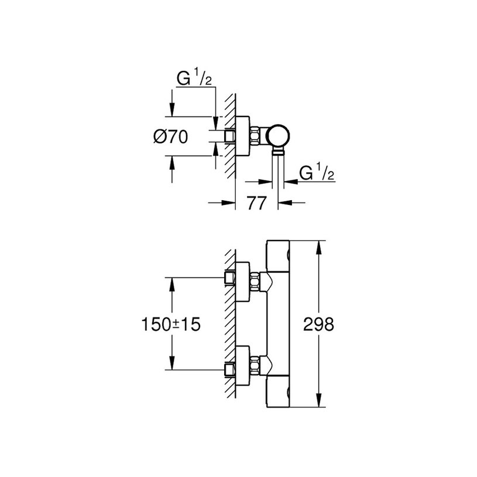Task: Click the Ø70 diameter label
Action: [171, 138]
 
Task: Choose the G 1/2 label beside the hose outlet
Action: [315, 174]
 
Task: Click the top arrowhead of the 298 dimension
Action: [318, 246]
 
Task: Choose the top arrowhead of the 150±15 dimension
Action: [171, 283]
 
